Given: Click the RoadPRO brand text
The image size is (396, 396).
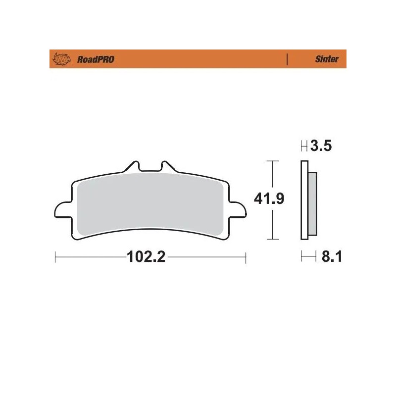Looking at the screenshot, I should [x=96, y=59].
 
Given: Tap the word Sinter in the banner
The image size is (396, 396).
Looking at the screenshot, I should [x=327, y=59].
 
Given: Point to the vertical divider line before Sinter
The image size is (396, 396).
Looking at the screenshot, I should [x=287, y=59].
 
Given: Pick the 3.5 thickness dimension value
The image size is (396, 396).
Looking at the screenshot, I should [x=321, y=146].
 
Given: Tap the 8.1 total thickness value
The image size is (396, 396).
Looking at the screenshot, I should [x=332, y=257].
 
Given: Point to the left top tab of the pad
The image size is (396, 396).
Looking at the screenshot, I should [x=132, y=166].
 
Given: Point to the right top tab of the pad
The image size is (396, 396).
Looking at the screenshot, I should [x=165, y=166].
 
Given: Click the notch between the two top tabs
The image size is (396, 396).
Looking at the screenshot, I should [x=148, y=170].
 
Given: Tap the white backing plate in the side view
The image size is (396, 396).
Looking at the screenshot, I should [x=304, y=203].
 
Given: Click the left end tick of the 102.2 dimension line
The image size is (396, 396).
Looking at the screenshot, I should [x=55, y=257].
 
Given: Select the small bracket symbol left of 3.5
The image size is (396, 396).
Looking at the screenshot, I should [x=304, y=146].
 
